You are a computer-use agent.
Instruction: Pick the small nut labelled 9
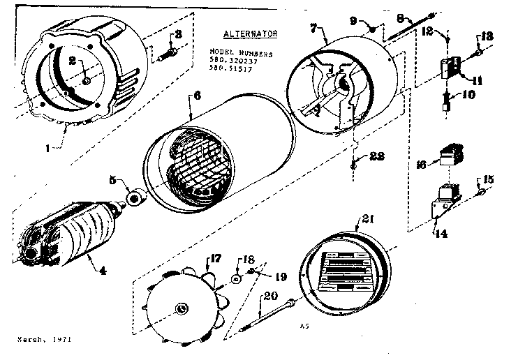373,30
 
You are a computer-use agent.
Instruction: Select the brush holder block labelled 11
451,68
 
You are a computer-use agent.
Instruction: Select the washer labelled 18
237,278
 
